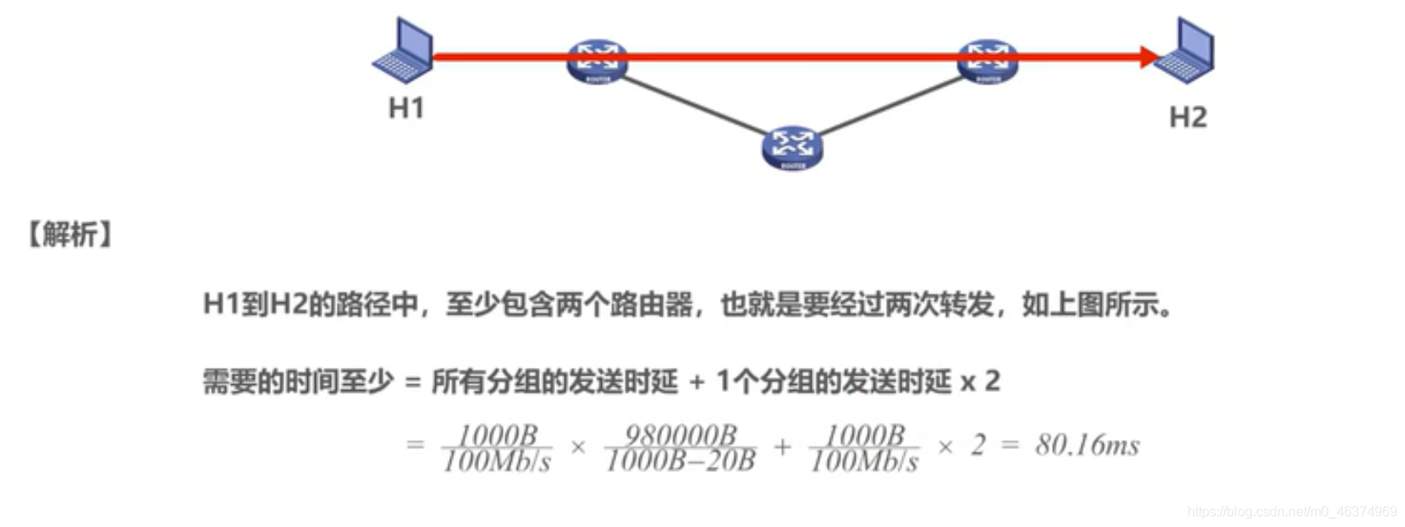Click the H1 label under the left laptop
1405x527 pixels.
pyautogui.click(x=405, y=108)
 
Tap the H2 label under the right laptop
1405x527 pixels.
pyautogui.click(x=1187, y=118)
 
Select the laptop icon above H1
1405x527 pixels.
pyautogui.click(x=404, y=52)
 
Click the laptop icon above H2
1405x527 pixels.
pyautogui.click(x=1186, y=52)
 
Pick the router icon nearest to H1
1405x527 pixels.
pyautogui.click(x=598, y=60)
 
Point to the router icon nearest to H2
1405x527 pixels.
pyautogui.click(x=987, y=60)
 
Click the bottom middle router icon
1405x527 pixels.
pyautogui.click(x=791, y=147)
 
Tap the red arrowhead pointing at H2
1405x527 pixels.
pyautogui.click(x=1149, y=58)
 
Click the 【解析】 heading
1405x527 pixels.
pyautogui.click(x=69, y=234)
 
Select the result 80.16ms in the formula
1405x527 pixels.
pyautogui.click(x=1087, y=445)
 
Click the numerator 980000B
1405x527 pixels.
pyautogui.click(x=680, y=435)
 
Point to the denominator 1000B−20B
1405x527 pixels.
pyautogui.click(x=680, y=461)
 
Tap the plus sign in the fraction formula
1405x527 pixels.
pyautogui.click(x=782, y=446)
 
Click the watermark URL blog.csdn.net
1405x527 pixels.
pyautogui.click(x=1292, y=512)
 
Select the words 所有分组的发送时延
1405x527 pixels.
pyautogui.click(x=554, y=382)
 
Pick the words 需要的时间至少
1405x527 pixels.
pyautogui.click(x=298, y=382)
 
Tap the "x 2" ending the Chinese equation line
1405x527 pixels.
pyautogui.click(x=980, y=382)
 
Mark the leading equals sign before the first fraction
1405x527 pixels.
pyautogui.click(x=415, y=445)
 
